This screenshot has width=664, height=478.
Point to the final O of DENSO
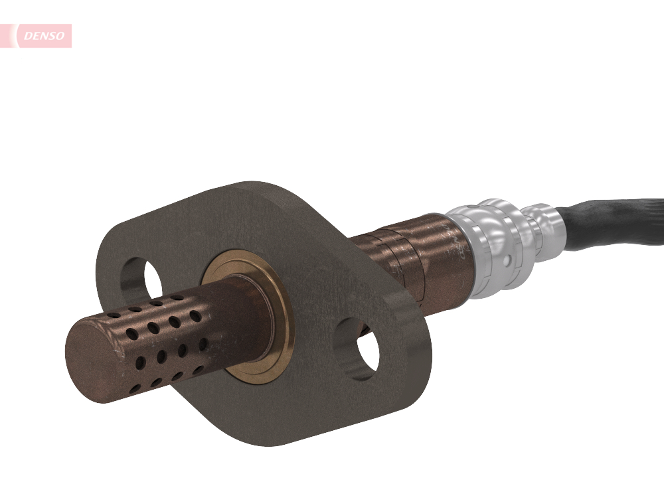(x=60, y=37)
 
